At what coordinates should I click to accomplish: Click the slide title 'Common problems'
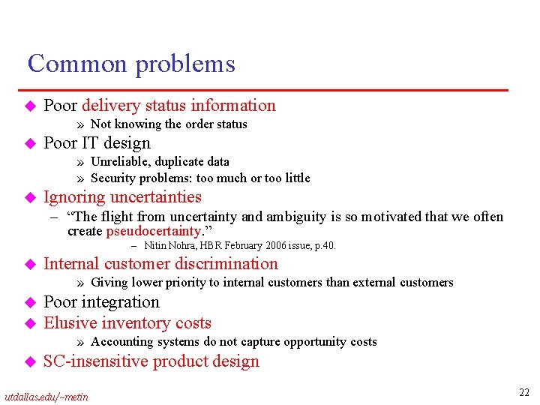click(x=131, y=64)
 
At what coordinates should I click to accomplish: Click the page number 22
click(x=524, y=391)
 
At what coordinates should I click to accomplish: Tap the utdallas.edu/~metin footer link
click(x=46, y=396)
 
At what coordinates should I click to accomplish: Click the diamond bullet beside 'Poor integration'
click(x=31, y=303)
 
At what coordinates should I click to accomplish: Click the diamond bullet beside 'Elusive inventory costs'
click(x=31, y=324)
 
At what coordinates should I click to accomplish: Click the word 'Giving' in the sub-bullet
click(x=109, y=283)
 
